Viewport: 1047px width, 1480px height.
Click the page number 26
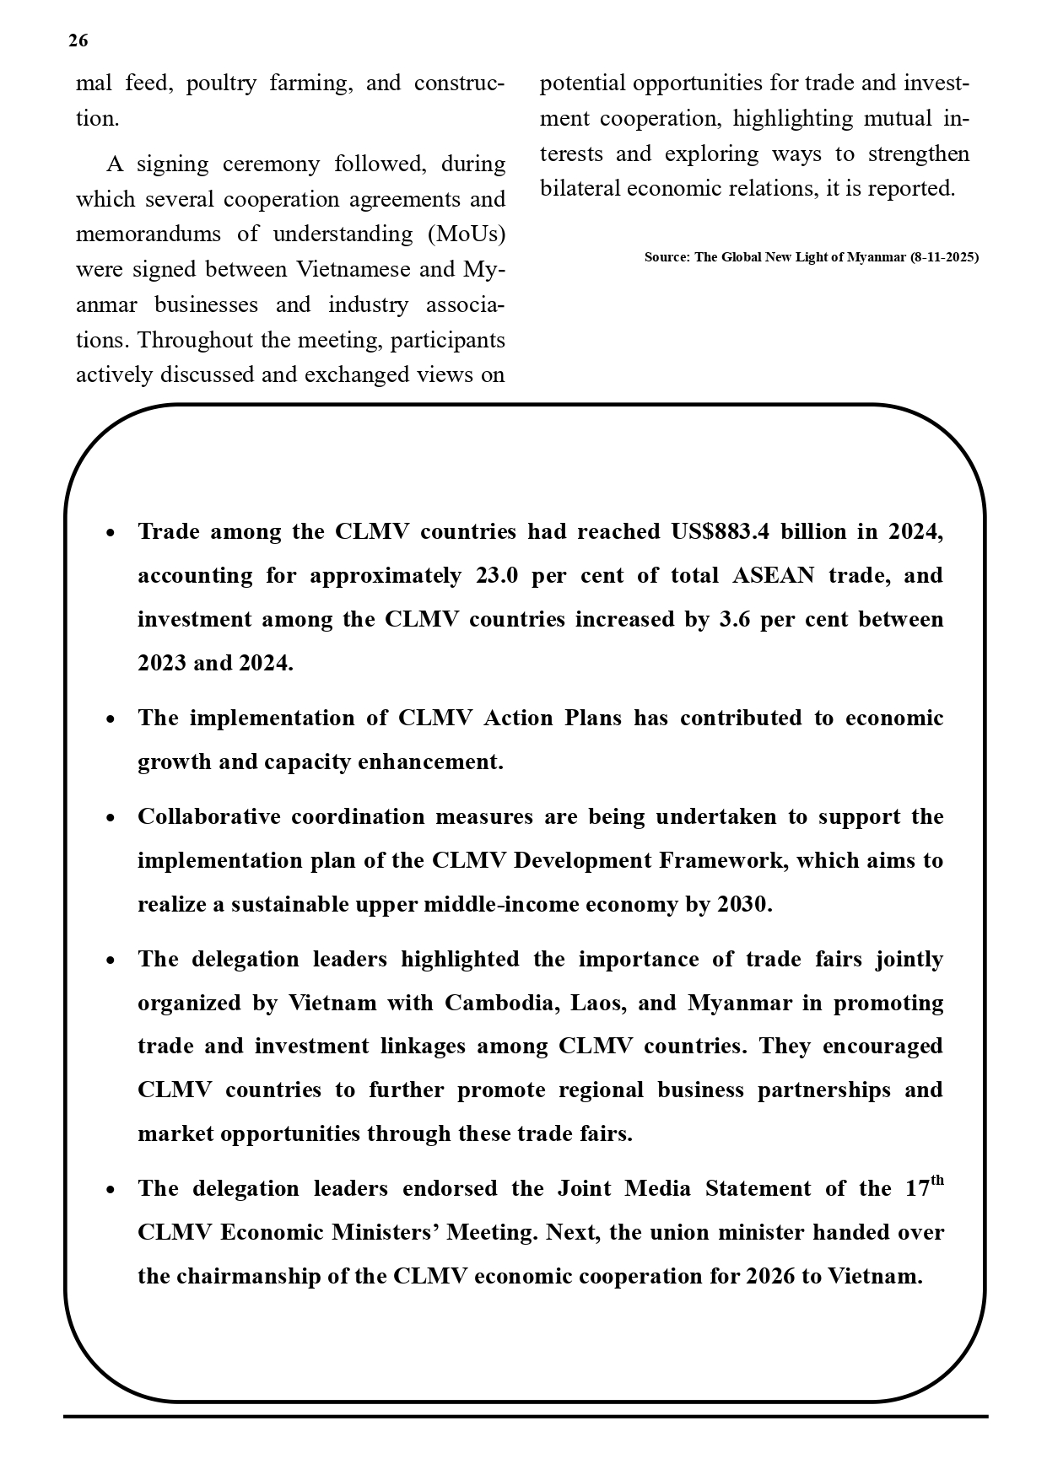click(x=78, y=41)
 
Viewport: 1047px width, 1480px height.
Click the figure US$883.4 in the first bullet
click(x=720, y=532)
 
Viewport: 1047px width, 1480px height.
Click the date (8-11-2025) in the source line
click(x=944, y=257)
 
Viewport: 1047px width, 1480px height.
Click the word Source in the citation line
click(x=666, y=257)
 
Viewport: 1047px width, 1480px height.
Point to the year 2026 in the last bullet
click(x=770, y=1277)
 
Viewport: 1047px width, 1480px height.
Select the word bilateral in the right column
click(x=580, y=188)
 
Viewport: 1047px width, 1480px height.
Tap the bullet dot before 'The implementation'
click(x=111, y=719)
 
